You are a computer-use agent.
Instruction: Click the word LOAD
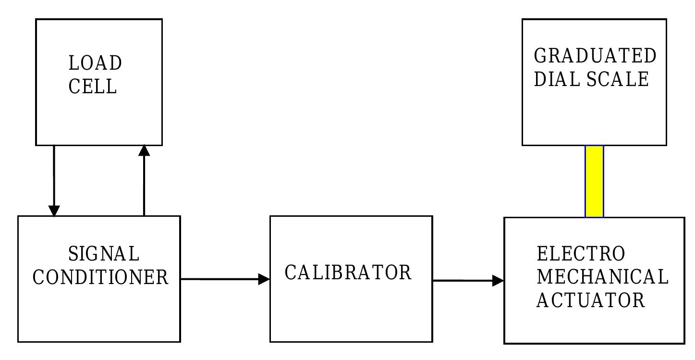click(95, 63)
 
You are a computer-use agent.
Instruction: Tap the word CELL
click(93, 87)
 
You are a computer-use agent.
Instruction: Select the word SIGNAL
click(103, 253)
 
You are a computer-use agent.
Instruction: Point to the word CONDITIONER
click(100, 277)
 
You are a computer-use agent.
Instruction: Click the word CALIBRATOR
click(348, 273)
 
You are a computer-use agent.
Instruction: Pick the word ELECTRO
click(581, 253)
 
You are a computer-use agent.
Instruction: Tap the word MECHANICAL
click(602, 277)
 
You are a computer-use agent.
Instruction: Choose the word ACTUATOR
click(590, 300)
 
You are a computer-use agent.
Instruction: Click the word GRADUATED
click(595, 56)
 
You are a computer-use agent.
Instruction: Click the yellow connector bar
click(594, 181)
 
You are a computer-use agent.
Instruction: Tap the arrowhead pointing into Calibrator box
click(264, 279)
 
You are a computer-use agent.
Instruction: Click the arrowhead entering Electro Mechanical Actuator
click(498, 280)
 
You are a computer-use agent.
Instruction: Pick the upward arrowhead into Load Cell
click(144, 150)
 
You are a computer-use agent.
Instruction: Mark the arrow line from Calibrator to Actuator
click(463, 280)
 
